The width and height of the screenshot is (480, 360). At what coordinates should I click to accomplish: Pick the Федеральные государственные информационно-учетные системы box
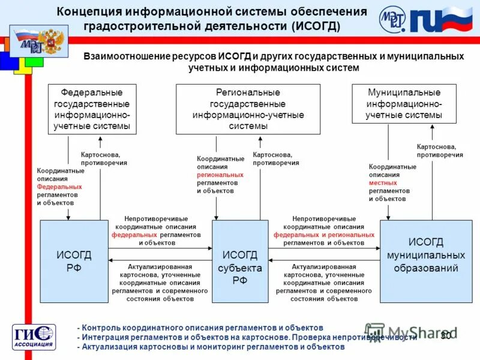(92, 109)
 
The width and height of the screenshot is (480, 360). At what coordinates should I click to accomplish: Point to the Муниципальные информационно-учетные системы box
(404, 103)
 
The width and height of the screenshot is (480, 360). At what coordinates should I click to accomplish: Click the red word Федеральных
(59, 187)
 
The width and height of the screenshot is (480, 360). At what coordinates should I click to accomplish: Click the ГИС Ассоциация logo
(34, 337)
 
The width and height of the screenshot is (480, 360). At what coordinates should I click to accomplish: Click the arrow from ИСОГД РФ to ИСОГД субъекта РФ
(160, 248)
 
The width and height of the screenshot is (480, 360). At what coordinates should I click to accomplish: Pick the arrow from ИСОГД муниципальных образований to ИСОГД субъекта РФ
(324, 260)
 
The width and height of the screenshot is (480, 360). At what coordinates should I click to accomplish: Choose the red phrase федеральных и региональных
(324, 235)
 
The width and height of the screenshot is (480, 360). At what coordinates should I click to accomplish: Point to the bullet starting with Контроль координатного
(200, 328)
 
